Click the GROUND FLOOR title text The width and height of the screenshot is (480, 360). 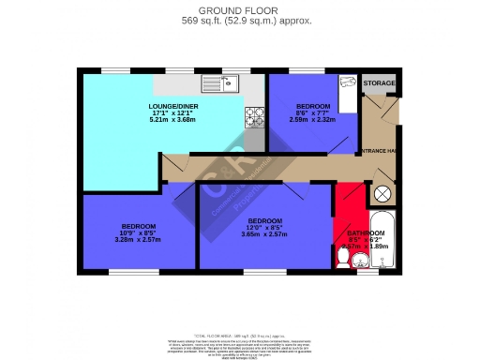pos(239,9)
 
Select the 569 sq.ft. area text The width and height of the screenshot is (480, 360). pos(239,20)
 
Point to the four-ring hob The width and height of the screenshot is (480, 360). pos(254,115)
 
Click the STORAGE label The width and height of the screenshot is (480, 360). pos(379,83)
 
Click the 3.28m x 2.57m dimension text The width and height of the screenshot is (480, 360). pos(138,240)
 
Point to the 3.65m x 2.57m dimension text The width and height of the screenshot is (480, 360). pos(264,234)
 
